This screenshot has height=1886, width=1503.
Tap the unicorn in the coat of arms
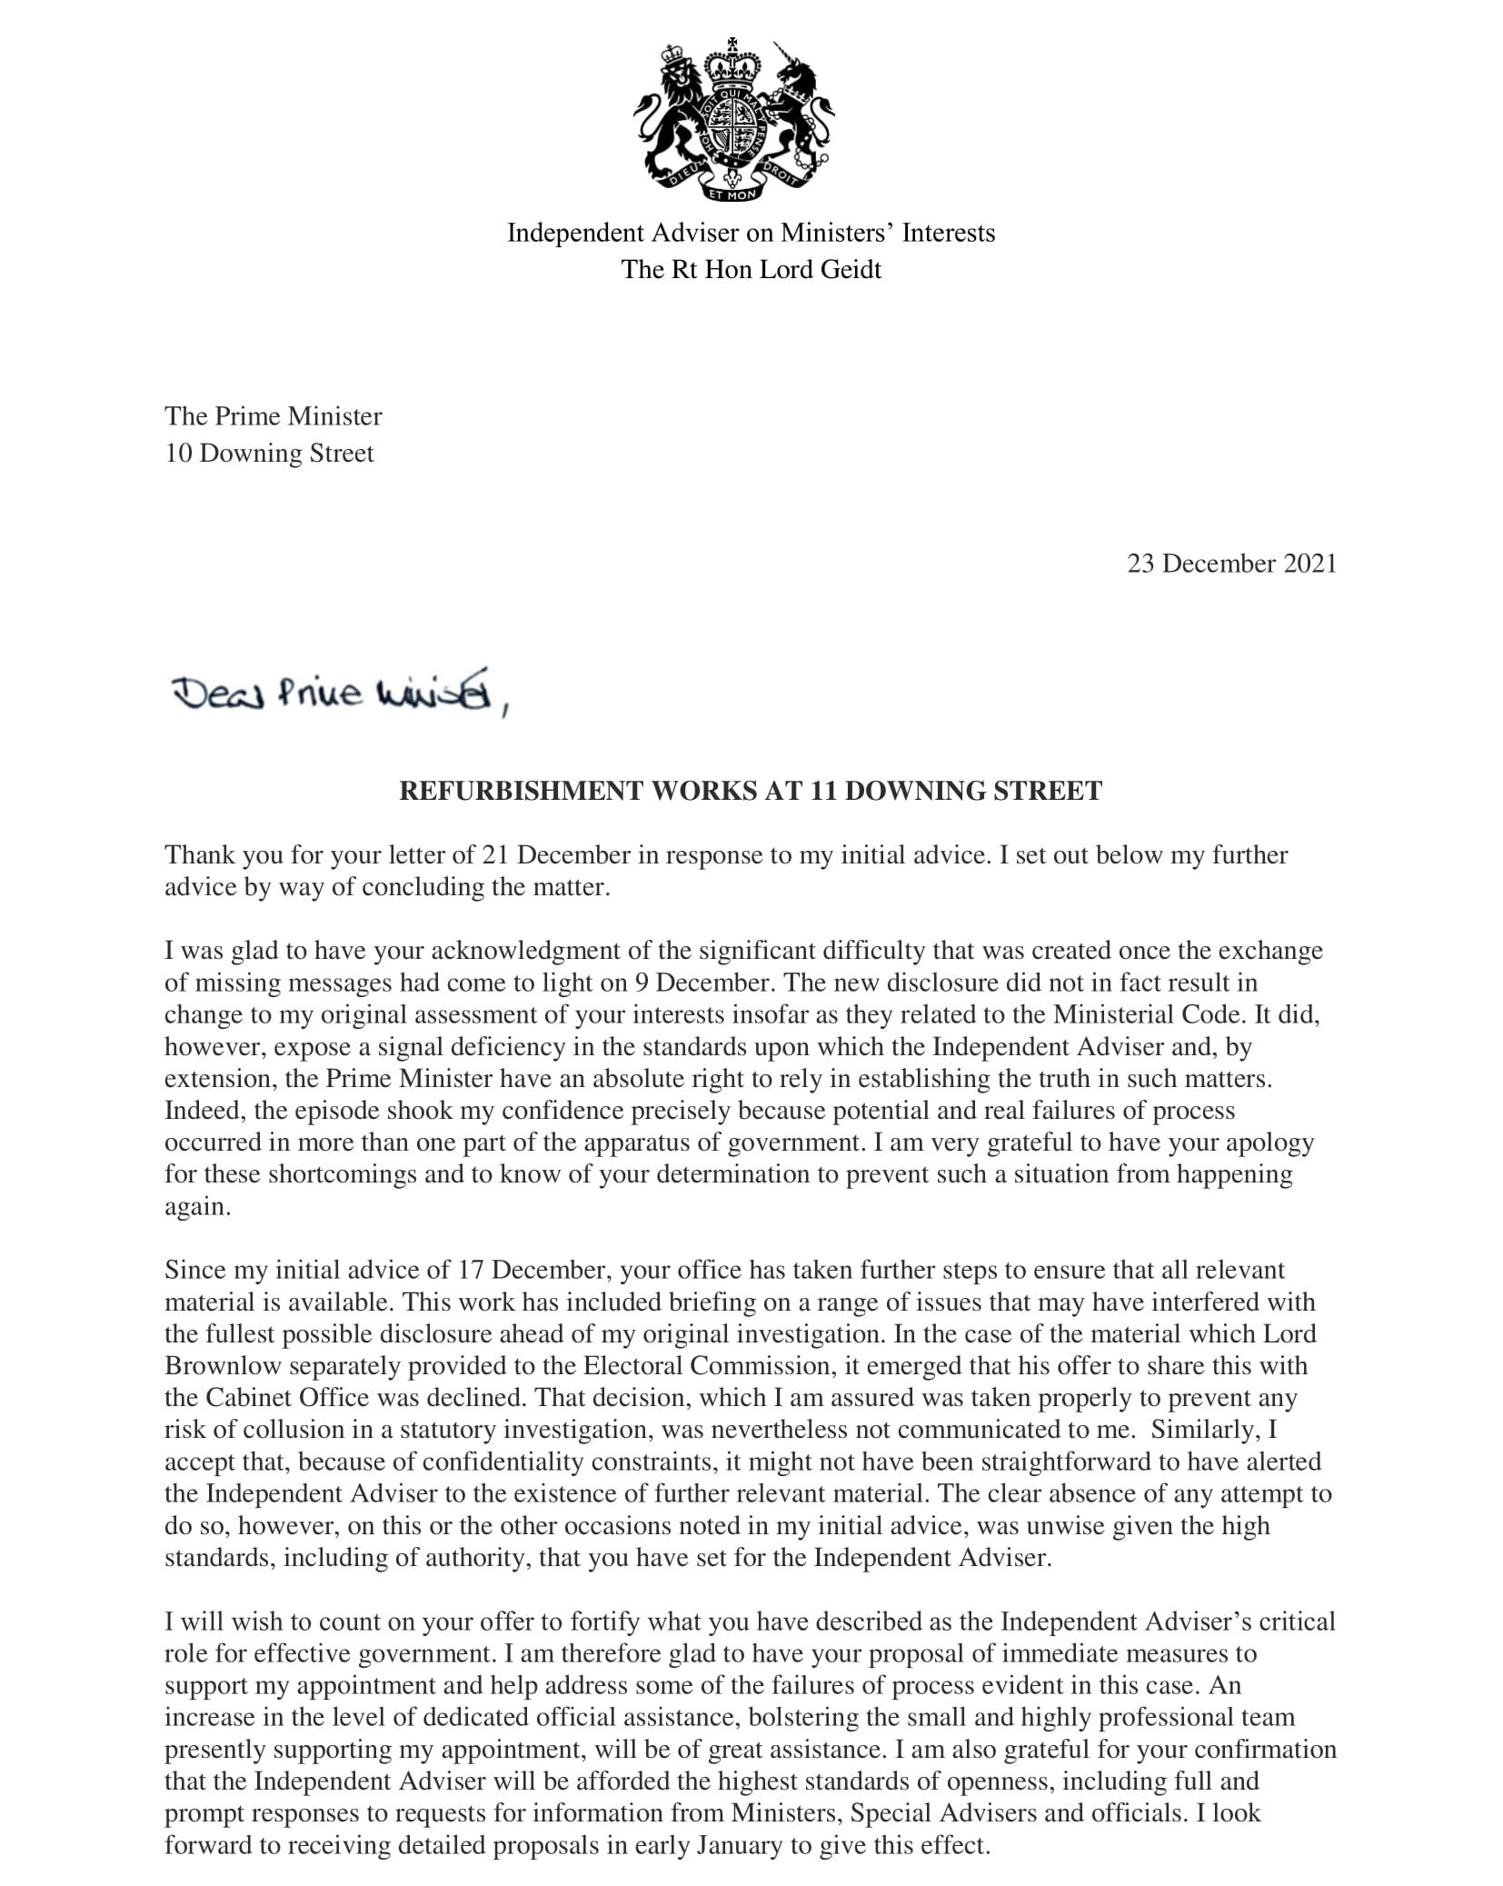coord(798,109)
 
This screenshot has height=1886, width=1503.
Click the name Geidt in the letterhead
coord(851,270)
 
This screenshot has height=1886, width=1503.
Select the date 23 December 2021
coord(1231,564)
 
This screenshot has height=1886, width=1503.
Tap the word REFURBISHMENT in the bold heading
coord(521,791)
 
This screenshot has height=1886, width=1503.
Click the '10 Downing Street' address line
coord(269,454)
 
